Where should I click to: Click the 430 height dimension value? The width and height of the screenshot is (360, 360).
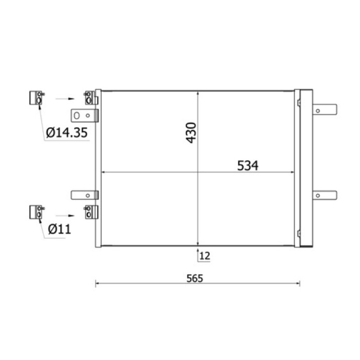tap(191, 133)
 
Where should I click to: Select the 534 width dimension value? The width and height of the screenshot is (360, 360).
tap(247, 166)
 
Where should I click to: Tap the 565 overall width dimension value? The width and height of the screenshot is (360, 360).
tap(195, 278)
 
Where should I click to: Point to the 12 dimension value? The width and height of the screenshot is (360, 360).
tap(205, 256)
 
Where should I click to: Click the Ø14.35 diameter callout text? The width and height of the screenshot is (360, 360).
tap(67, 132)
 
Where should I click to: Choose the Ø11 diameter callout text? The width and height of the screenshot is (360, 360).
tap(59, 229)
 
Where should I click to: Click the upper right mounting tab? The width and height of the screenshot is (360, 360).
tap(325, 110)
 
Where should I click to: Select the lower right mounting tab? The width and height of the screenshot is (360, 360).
tap(325, 195)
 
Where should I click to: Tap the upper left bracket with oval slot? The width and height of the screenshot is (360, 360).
tap(85, 116)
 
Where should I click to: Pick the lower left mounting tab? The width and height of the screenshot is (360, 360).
tap(85, 195)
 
